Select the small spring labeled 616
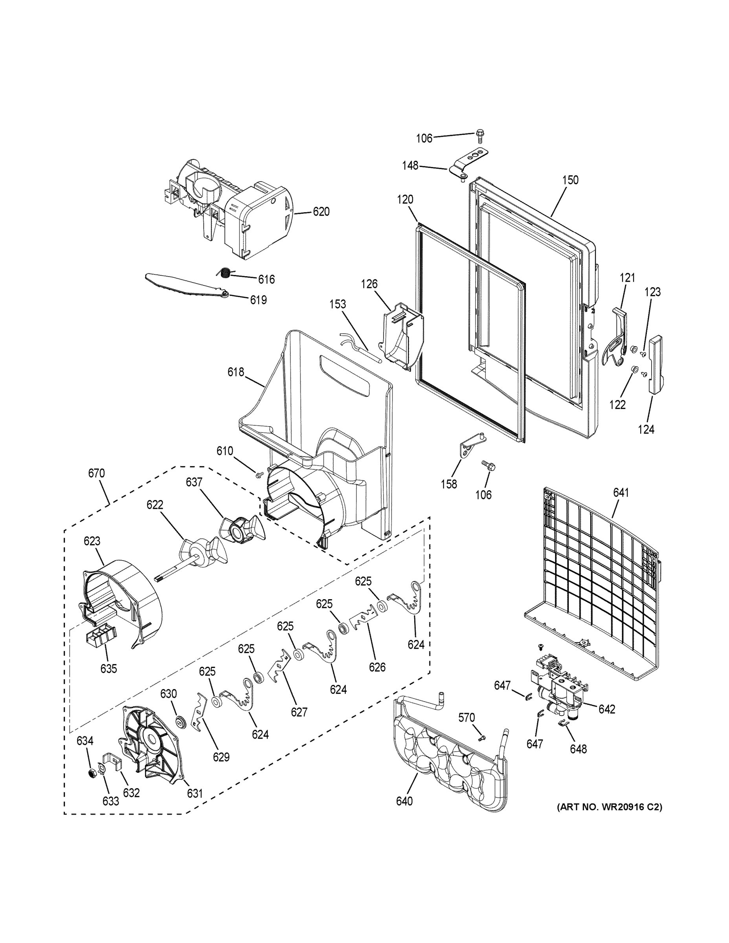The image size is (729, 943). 224,273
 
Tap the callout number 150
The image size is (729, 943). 570,180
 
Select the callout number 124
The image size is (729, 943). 646,429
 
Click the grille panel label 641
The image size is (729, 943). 621,493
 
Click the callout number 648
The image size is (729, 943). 578,749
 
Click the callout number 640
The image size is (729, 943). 404,801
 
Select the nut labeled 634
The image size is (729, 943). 92,772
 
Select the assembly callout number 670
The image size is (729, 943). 96,473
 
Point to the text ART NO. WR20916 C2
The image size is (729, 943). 609,807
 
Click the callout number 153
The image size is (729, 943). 337,304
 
